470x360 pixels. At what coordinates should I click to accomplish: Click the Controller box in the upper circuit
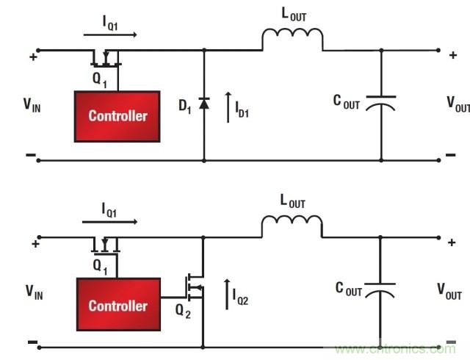[x=117, y=116]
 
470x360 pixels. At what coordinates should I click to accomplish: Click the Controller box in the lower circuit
[x=117, y=305]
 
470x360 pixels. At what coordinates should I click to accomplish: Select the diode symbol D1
[x=204, y=105]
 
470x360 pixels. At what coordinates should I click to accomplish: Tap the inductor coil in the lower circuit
[x=292, y=226]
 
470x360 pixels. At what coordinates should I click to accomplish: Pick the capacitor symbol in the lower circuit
[x=381, y=292]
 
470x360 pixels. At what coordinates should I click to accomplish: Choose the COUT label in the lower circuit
[x=347, y=291]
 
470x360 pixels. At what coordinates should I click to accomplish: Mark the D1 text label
[x=184, y=105]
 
